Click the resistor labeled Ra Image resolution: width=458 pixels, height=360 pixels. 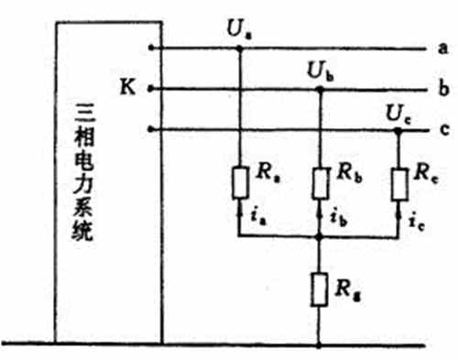click(x=240, y=182)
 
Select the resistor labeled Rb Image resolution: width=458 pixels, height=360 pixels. click(x=319, y=182)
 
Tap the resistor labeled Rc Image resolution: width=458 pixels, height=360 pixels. click(x=398, y=182)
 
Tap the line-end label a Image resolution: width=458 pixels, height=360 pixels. click(x=442, y=48)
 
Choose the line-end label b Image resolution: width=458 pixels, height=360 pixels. click(x=442, y=89)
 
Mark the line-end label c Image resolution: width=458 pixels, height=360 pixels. click(x=442, y=130)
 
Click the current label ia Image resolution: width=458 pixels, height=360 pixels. click(x=256, y=218)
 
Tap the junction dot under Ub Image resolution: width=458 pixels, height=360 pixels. click(x=319, y=89)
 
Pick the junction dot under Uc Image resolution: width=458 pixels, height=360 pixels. click(x=398, y=130)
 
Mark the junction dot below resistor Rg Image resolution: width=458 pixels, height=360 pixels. click(x=319, y=345)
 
